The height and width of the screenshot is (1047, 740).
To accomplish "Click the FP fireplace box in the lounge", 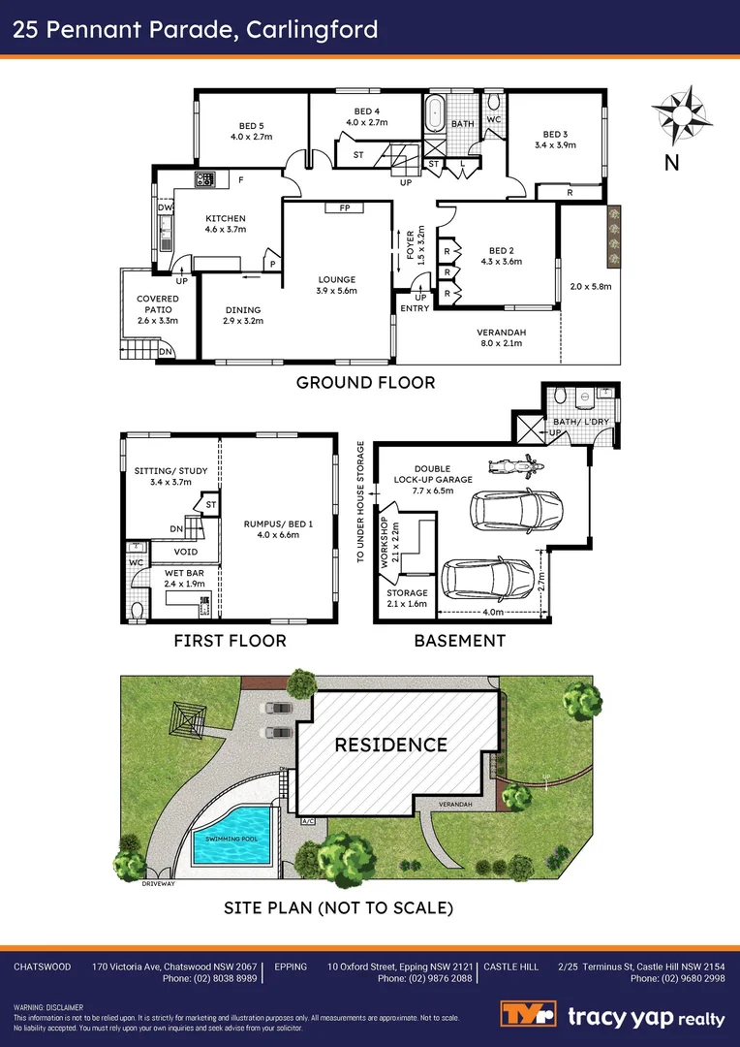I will pos(344,207).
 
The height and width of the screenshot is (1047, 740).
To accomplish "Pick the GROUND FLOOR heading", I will pos(365,382).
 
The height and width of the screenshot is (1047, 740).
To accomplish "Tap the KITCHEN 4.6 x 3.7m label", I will pos(225,224).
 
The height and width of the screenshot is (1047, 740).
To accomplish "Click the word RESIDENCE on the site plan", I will pos(390,745).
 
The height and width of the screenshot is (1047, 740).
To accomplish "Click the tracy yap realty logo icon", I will pos(528,1015).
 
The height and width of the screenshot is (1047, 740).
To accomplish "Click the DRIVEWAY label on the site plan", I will pos(157,884).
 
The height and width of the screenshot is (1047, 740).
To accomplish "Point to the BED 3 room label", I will pos(554,140).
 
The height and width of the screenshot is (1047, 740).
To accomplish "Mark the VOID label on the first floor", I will pos(185,552).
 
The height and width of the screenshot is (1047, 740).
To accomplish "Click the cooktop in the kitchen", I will pos(204,178).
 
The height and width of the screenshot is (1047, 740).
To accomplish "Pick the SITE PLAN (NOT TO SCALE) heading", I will pos(338,908).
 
